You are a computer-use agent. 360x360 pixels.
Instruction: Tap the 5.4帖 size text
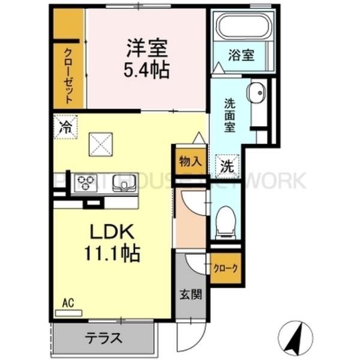click(x=146, y=70)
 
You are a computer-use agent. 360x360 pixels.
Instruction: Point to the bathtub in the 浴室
click(x=244, y=27)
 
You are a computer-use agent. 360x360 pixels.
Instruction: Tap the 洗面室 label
click(x=229, y=115)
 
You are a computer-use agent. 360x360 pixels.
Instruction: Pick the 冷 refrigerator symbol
click(x=65, y=127)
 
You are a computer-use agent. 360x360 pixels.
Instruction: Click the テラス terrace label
click(x=104, y=338)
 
